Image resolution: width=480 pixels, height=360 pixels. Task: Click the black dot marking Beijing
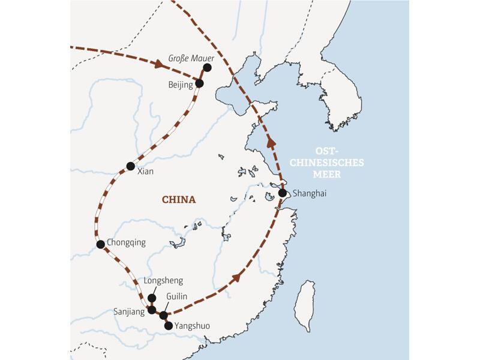pyautogui.click(x=199, y=83)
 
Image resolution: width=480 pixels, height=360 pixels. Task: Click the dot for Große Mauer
pyautogui.click(x=207, y=67)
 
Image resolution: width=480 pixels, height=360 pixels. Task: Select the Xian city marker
pyautogui.click(x=130, y=166)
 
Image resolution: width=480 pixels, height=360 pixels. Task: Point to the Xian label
pyautogui.click(x=145, y=172)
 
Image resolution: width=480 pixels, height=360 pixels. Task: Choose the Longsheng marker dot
pyautogui.click(x=152, y=298)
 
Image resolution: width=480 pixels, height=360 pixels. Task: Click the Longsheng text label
pyautogui.click(x=163, y=281)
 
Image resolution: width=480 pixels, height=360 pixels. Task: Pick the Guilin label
pyautogui.click(x=177, y=296)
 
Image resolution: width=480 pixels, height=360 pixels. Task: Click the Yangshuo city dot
pyautogui.click(x=168, y=326)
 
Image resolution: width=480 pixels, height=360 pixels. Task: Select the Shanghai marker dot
pyautogui.click(x=283, y=193)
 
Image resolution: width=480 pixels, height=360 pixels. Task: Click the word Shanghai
pyautogui.click(x=309, y=193)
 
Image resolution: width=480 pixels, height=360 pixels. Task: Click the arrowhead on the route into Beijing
pyautogui.click(x=160, y=62)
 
